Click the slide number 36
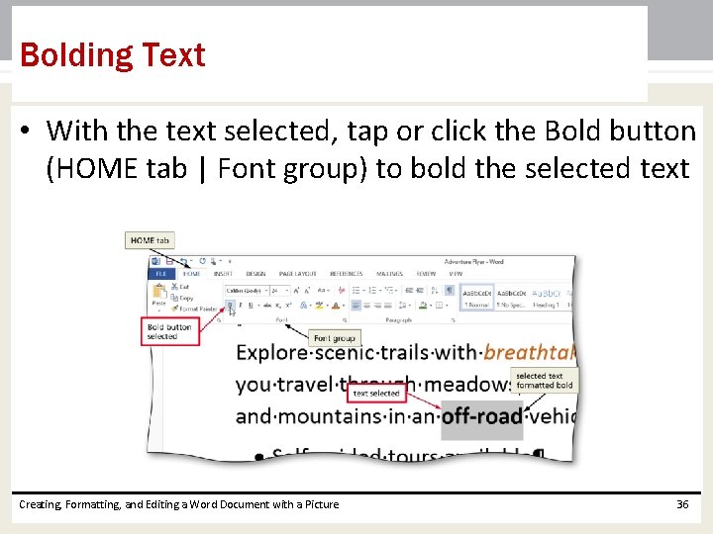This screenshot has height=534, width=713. pyautogui.click(x=681, y=504)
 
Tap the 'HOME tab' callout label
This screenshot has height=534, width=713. pyautogui.click(x=151, y=240)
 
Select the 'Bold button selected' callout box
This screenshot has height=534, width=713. pyautogui.click(x=169, y=331)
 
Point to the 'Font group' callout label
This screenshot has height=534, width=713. pyautogui.click(x=333, y=338)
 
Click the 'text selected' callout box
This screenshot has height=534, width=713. pyautogui.click(x=376, y=393)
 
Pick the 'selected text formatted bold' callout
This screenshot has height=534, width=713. pyautogui.click(x=544, y=381)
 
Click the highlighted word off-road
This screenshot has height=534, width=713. pyautogui.click(x=481, y=415)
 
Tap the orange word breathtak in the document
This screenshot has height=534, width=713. pyautogui.click(x=529, y=353)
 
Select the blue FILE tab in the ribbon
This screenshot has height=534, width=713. pyautogui.click(x=158, y=274)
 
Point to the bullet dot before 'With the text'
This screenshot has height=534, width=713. pyautogui.click(x=27, y=132)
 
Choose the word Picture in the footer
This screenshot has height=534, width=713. pyautogui.click(x=318, y=504)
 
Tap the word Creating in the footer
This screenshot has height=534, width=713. pyautogui.click(x=41, y=504)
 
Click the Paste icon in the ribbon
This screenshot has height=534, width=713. pyautogui.click(x=158, y=293)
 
